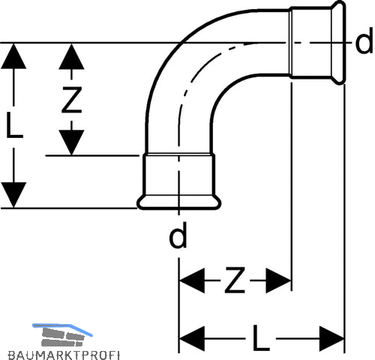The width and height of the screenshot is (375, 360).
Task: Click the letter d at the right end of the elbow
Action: click(364, 43)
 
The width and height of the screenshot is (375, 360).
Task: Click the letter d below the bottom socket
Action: click(178, 235)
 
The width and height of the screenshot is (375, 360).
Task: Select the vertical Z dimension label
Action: click(72, 100)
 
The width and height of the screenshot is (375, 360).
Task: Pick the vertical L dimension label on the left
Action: click(14, 125)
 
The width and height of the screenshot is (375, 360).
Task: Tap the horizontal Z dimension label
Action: click(235, 280)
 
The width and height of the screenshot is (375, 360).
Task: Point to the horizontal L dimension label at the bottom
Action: click(261, 337)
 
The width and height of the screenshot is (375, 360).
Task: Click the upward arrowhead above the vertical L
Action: click(13, 56)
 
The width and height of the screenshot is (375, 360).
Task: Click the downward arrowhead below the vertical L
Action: click(13, 195)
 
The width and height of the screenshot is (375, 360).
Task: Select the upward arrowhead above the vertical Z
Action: click(71, 57)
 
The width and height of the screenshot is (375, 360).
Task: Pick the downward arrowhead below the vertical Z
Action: click(71, 142)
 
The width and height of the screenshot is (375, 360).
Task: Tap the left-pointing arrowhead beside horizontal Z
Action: click(192, 280)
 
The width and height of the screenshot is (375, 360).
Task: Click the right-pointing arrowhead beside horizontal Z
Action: click(278, 280)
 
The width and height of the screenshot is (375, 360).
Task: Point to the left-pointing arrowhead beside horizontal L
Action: click(192, 338)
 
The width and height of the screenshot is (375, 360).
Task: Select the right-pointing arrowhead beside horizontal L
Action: click(332, 338)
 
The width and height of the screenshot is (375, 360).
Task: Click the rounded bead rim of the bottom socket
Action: click(178, 202)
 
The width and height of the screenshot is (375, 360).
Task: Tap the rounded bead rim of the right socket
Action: click(338, 43)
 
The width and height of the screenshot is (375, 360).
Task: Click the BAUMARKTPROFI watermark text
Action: click(64, 355)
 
